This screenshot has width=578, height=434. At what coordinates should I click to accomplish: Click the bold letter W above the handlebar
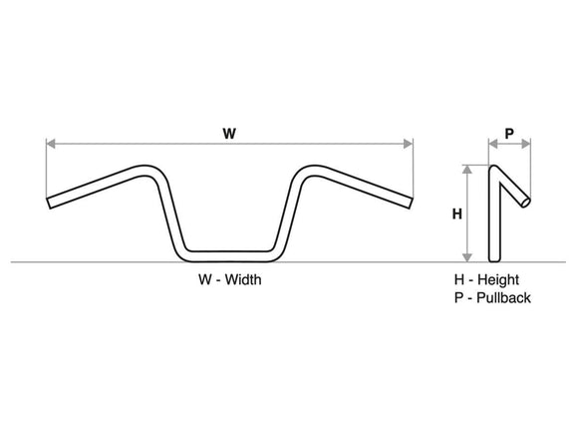tap(229, 132)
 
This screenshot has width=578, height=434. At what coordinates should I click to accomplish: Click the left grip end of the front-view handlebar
tap(49, 203)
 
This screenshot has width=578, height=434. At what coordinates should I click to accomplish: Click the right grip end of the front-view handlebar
tap(409, 203)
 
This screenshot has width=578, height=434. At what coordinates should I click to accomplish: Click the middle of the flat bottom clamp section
tap(229, 250)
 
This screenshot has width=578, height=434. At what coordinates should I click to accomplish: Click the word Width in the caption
tap(242, 280)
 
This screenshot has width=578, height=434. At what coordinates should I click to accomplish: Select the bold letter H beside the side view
tap(457, 213)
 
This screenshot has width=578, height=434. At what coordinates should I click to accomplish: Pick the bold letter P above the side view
tap(509, 132)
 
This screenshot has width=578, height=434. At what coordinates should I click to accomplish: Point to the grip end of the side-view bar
tap(525, 205)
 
